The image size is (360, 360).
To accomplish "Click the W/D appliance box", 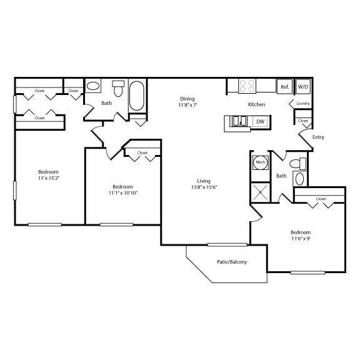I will pos(303,86).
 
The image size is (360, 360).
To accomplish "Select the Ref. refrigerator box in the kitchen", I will pos(284,86).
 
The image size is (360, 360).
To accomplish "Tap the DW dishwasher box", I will pos(260,121).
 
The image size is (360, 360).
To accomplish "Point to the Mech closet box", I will pos(259,162).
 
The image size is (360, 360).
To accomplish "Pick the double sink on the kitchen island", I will pos(239,121).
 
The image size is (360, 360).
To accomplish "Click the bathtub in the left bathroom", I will pos(137,96).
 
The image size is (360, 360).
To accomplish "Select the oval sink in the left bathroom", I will pos(92,86).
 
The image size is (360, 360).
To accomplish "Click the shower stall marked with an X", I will pos(259,191).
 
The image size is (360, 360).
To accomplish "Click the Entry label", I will pos(317,137).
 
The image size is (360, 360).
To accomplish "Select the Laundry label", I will pos(303,104).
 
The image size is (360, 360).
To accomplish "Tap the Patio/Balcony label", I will pos(232,261).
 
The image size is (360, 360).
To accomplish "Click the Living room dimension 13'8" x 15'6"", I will pos(204,187).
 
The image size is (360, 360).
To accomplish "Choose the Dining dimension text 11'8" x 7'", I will pos(187,105).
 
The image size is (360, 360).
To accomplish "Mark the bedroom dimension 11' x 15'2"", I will pos(48,178).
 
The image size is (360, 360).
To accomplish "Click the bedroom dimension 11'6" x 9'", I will pos(300,238).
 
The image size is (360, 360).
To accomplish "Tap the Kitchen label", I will pos(256,104).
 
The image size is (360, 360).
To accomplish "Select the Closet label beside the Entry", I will pos(303,121).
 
